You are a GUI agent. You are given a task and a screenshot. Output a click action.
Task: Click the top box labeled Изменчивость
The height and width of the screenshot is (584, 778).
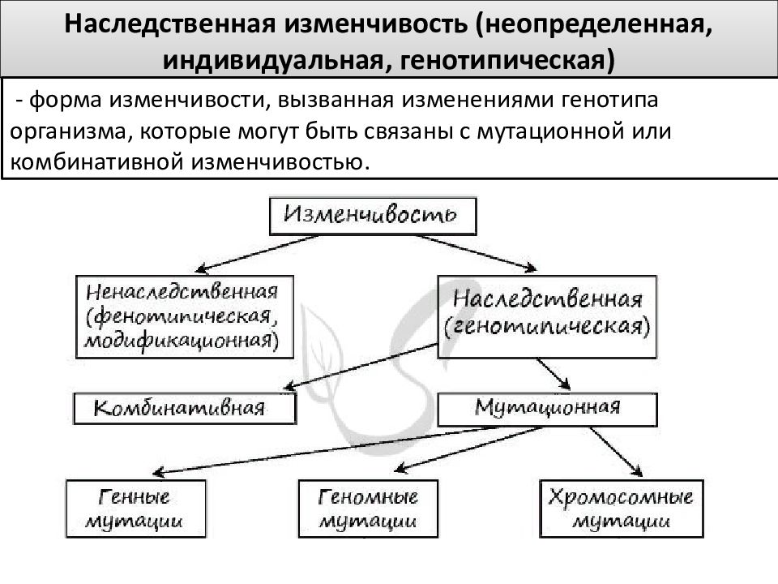[x=373, y=216]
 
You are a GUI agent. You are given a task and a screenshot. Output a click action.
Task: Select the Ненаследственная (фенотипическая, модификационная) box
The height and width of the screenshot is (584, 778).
[x=185, y=317]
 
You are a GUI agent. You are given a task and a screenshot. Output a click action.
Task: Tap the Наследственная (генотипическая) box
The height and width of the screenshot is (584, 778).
[x=547, y=317]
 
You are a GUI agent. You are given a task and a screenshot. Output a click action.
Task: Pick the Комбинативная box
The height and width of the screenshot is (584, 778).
[x=185, y=409]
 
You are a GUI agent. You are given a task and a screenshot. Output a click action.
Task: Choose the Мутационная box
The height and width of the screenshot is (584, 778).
[x=547, y=410]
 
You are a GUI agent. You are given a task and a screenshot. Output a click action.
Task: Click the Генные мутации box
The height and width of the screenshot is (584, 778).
[x=135, y=509]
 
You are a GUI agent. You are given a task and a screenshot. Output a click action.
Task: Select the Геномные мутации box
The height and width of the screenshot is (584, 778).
[x=368, y=509]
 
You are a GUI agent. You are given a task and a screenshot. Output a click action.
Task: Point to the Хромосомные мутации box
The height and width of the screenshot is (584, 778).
[x=622, y=509]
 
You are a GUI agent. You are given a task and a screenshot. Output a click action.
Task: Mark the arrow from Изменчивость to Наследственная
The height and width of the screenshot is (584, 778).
[x=477, y=253]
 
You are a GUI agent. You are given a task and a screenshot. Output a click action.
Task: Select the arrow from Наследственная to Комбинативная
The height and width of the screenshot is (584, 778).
[x=361, y=366]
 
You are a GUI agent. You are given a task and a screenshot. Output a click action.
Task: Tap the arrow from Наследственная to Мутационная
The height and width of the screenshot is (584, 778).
[x=554, y=374]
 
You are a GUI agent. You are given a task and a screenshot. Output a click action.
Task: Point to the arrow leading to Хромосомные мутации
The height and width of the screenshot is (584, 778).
[x=616, y=452]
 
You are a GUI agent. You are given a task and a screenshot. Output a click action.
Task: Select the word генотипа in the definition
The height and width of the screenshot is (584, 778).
[x=609, y=100]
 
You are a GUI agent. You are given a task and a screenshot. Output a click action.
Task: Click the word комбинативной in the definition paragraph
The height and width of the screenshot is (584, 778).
[x=97, y=162]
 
